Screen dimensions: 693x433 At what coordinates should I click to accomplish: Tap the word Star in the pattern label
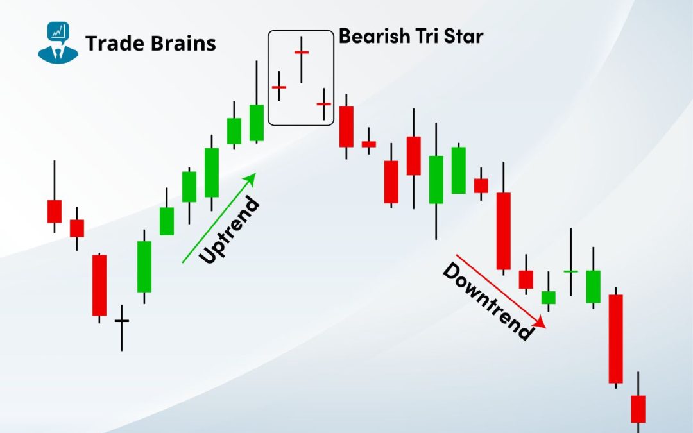click(463, 36)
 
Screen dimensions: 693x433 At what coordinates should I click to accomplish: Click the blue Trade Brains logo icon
click(58, 42)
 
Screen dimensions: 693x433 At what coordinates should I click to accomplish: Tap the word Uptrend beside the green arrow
click(229, 230)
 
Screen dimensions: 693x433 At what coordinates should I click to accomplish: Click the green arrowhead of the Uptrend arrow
click(251, 178)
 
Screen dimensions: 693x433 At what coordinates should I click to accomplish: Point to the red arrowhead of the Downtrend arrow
click(540, 323)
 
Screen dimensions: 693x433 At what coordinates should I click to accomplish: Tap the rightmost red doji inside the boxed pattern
click(324, 104)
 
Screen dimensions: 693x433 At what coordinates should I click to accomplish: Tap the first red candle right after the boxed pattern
click(346, 126)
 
